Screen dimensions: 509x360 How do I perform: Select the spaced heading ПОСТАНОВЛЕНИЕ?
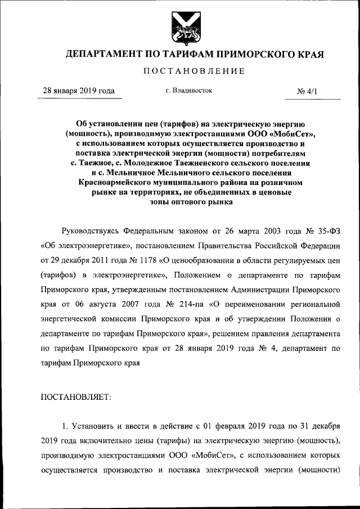pos(194,71)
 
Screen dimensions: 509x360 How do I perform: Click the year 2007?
pos(136,305)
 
